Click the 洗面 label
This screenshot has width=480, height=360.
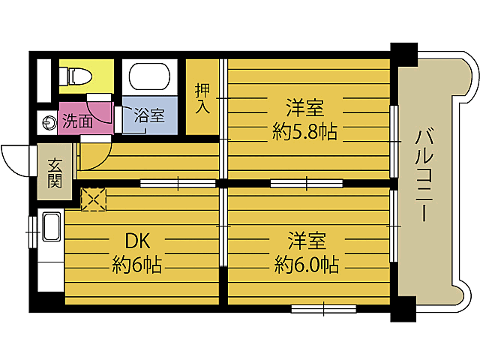[78, 122]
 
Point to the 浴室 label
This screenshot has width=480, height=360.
[150, 115]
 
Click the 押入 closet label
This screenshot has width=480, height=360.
[202, 98]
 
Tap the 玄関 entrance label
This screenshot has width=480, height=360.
[55, 173]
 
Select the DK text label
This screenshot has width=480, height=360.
[137, 241]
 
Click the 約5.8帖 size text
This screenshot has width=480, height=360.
[305, 132]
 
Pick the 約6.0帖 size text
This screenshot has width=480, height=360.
[307, 265]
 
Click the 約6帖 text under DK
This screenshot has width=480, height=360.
[136, 265]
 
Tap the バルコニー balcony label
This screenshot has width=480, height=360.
[424, 175]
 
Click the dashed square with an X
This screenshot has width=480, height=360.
[94, 199]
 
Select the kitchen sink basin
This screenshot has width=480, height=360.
[52, 226]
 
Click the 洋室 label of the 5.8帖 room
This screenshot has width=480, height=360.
[305, 108]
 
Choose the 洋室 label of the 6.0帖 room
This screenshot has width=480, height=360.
[307, 241]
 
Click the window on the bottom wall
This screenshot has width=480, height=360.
[323, 309]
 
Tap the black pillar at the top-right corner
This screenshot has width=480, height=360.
[404, 55]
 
